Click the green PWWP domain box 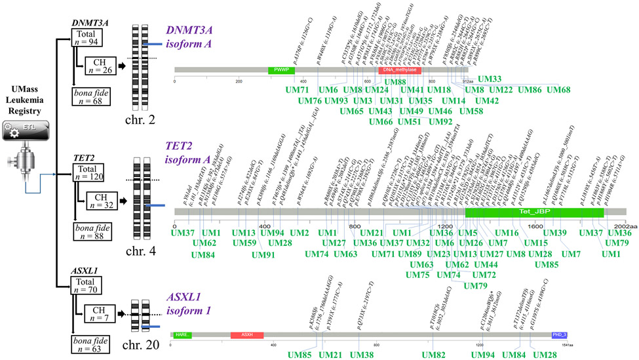tap(281, 70)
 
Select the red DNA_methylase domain tap(399, 70)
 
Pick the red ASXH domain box tap(246, 335)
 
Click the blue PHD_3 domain tap(560, 335)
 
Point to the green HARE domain tap(183, 335)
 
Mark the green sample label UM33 tap(490, 79)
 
